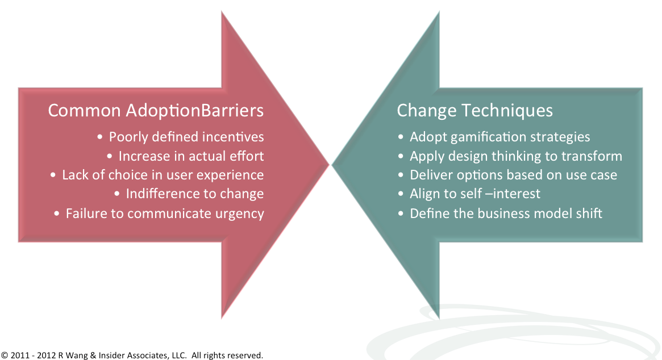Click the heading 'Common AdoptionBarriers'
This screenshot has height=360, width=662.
pyautogui.click(x=156, y=111)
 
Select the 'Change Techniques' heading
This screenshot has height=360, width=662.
pyautogui.click(x=474, y=111)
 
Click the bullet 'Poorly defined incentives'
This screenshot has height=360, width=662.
pyautogui.click(x=186, y=137)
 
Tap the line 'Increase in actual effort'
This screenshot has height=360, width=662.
pyautogui.click(x=191, y=156)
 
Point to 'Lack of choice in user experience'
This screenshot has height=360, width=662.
pyautogui.click(x=163, y=175)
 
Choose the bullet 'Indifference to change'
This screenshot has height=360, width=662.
pyautogui.click(x=195, y=194)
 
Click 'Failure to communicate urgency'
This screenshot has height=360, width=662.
pyautogui.click(x=165, y=214)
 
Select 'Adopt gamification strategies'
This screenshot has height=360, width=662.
pyautogui.click(x=500, y=137)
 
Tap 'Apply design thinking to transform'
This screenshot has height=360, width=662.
pyautogui.click(x=516, y=156)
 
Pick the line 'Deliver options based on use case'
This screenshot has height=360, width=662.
pyautogui.click(x=513, y=175)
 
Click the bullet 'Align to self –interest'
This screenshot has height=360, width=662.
pyautogui.click(x=475, y=194)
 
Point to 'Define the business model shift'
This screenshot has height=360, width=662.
pyautogui.click(x=506, y=214)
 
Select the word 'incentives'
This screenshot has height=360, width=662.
pyautogui.click(x=233, y=137)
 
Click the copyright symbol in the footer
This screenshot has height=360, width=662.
pyautogui.click(x=5, y=355)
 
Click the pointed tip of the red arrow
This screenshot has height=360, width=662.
pyautogui.click(x=328, y=165)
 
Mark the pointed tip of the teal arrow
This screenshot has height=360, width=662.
pyautogui.click(x=332, y=165)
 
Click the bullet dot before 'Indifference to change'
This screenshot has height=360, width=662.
pyautogui.click(x=117, y=194)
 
